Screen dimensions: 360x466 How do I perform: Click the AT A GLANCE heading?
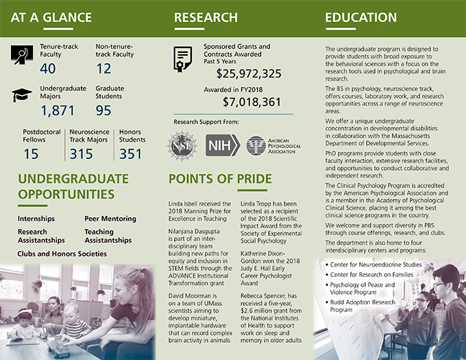51,17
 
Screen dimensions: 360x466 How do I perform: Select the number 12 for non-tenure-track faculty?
103,68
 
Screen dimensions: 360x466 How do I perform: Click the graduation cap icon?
22,95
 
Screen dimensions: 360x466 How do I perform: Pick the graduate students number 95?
103,110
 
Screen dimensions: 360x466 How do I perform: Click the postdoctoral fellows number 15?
31,154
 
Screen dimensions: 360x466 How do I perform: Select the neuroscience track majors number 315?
82,154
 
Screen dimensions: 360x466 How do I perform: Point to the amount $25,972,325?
249,74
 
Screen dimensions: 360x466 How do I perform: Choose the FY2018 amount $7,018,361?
252,102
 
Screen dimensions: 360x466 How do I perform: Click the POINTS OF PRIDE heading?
220,180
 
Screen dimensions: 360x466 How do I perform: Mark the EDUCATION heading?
360,17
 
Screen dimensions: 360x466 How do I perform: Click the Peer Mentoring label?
110,219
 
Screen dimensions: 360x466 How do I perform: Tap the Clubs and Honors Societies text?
62,254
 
